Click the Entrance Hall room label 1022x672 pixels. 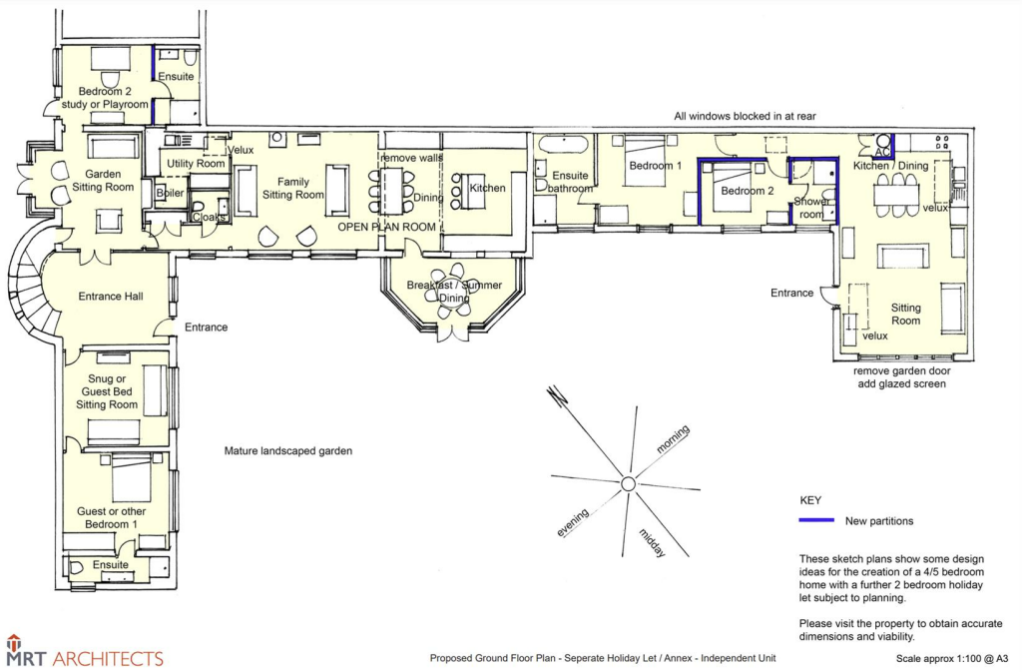coord(111,297)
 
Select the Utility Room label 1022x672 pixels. coord(196,164)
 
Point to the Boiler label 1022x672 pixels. coord(170,193)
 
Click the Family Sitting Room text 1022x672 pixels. coord(293,189)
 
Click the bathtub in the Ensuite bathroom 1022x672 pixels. coord(563,144)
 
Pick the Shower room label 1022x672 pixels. coord(810,208)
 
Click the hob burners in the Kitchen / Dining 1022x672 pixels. coord(942,142)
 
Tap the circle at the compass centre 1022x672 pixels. coord(629,484)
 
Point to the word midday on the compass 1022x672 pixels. coord(653,543)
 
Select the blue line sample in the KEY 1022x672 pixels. coord(816,520)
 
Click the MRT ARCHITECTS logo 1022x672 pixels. coord(85,652)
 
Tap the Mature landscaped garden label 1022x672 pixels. coord(288,451)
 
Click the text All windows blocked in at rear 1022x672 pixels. coord(745,116)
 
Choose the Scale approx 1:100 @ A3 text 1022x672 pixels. coord(952,659)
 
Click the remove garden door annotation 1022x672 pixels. coord(902,370)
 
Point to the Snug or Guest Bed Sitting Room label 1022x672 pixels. coord(107,391)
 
